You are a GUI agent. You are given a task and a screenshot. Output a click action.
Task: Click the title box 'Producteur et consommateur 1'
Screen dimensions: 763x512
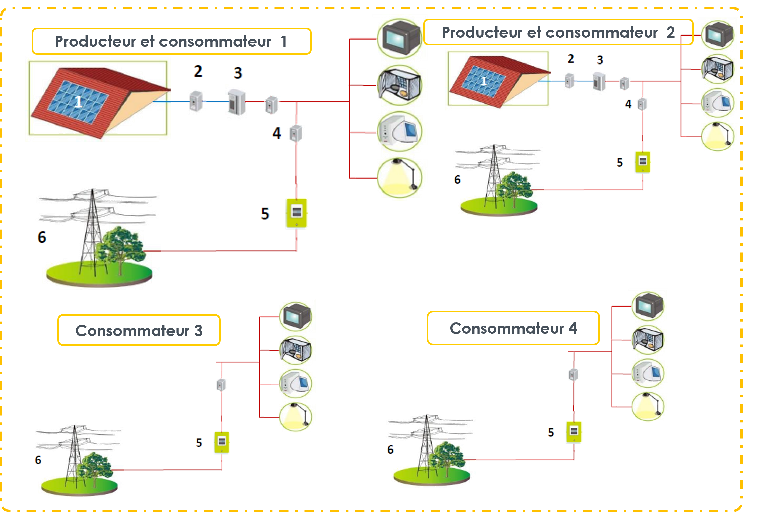pyautogui.click(x=172, y=41)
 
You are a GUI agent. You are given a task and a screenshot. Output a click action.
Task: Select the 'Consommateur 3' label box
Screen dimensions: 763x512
pyautogui.click(x=139, y=330)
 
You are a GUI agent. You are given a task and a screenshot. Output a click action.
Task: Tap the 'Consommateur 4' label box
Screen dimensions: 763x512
pyautogui.click(x=513, y=328)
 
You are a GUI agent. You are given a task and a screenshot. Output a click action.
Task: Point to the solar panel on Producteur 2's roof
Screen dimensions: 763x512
pyautogui.click(x=483, y=81)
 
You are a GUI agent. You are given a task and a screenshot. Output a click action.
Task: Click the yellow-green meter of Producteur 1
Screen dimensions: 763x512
pyautogui.click(x=297, y=213)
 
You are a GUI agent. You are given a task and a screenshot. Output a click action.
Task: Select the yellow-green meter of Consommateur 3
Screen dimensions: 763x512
pyautogui.click(x=222, y=442)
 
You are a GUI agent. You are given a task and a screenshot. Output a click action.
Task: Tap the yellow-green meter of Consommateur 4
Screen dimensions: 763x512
pyautogui.click(x=574, y=432)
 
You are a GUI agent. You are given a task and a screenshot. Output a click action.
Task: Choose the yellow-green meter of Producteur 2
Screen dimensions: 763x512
pyautogui.click(x=643, y=162)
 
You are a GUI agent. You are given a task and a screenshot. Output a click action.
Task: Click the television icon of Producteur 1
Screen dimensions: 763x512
pyautogui.click(x=400, y=39)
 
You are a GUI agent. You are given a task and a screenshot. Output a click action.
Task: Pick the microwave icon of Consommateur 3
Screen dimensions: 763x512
pyautogui.click(x=296, y=350)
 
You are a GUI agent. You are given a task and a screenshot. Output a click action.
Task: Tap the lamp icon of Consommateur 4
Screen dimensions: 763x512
pyautogui.click(x=648, y=406)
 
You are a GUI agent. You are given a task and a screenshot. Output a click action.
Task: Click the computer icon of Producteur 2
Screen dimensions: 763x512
pyautogui.click(x=718, y=103)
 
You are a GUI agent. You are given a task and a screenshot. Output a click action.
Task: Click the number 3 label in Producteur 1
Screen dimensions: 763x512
pyautogui.click(x=238, y=73)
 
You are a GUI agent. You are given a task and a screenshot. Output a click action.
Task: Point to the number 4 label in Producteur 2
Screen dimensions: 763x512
pyautogui.click(x=628, y=104)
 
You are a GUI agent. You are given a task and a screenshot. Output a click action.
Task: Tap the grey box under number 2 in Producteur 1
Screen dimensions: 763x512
pyautogui.click(x=196, y=101)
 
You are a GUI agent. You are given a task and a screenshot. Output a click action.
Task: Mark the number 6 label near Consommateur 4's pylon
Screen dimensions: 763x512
pyautogui.click(x=390, y=450)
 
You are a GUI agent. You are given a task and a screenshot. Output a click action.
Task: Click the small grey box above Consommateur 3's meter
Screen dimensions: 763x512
pyautogui.click(x=221, y=385)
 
